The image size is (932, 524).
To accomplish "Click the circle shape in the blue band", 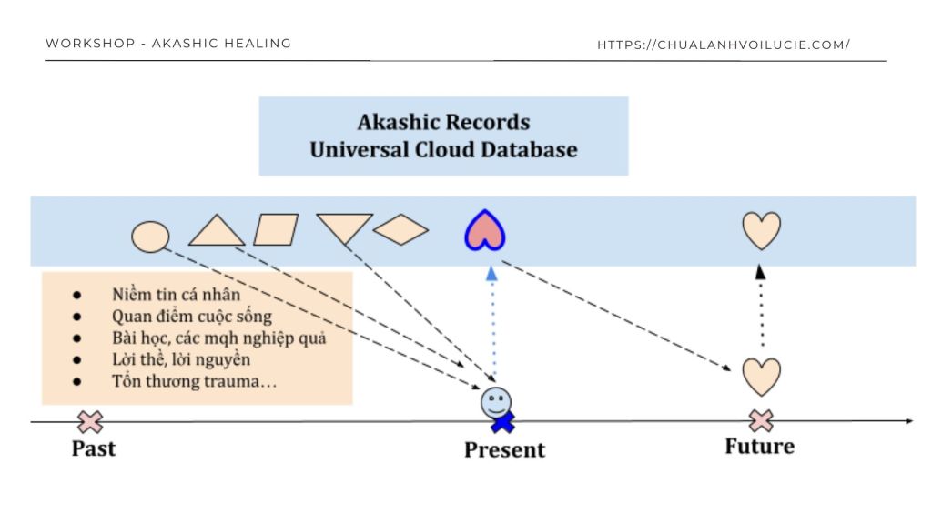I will (150, 237).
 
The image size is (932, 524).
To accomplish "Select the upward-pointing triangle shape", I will (216, 231).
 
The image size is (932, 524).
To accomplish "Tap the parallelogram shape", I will (276, 230).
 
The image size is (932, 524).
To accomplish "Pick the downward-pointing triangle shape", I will (344, 227).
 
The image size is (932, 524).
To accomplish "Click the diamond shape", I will (400, 230).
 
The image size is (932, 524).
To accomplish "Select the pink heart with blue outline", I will (485, 231).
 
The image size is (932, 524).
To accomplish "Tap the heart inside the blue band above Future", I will (761, 231).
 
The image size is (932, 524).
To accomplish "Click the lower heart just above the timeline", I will (761, 376).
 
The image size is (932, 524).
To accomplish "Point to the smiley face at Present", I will (496, 400).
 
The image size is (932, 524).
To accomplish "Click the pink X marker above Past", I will (90, 421).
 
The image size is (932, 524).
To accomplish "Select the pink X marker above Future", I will (761, 420).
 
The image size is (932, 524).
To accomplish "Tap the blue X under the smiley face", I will (501, 422).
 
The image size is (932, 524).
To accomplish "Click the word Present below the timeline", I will (504, 449).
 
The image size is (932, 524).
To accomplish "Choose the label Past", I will (94, 448).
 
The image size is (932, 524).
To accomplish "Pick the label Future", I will (759, 447).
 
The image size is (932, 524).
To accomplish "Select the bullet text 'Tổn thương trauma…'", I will (194, 381).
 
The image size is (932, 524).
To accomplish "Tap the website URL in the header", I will (724, 45).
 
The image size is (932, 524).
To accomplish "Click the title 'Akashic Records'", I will (443, 123).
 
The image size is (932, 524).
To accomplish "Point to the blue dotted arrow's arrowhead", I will (491, 272).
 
